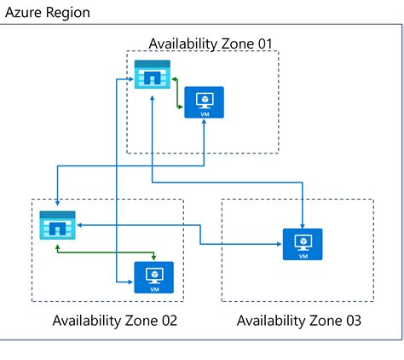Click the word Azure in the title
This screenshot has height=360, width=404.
[x=25, y=15]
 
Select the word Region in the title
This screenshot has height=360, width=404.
[x=66, y=15]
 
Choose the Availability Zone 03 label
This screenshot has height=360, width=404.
[x=298, y=321]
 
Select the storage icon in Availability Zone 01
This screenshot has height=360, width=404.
[x=152, y=75]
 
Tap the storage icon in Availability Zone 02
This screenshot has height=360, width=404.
[x=57, y=225]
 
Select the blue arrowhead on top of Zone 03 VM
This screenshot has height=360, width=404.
[x=302, y=224]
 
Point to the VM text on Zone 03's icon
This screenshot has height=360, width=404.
[x=302, y=255]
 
